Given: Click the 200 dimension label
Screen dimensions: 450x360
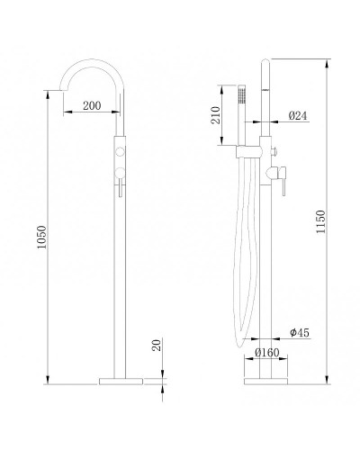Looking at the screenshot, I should click(92, 105).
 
